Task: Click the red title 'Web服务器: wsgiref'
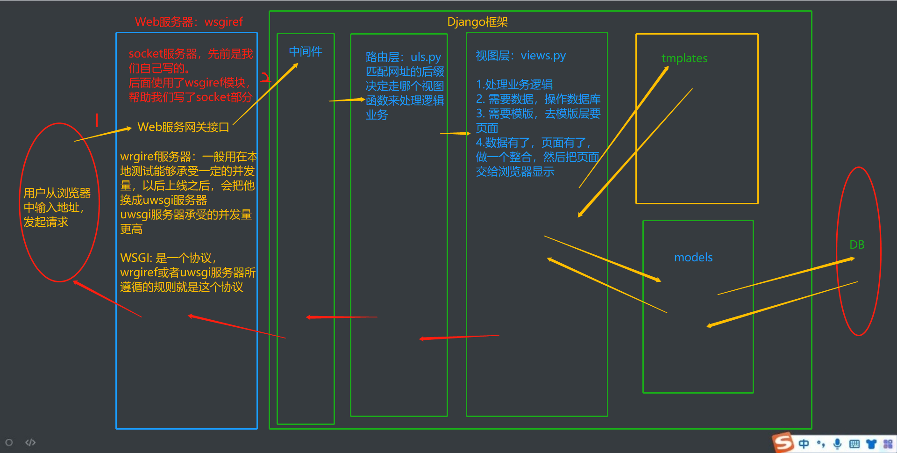189,22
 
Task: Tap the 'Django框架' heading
477,22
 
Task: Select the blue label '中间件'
306,51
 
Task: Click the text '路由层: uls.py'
403,57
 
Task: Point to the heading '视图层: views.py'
520,56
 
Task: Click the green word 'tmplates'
684,58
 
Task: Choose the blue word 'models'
693,258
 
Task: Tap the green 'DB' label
857,244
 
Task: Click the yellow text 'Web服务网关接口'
183,127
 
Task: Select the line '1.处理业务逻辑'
514,85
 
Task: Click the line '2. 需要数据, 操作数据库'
538,99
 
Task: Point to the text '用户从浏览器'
57,193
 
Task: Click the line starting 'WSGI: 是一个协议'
168,258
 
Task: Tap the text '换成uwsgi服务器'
164,200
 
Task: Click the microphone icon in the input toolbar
837,444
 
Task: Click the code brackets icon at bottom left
30,442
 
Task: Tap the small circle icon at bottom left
9,442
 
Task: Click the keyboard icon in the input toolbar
854,444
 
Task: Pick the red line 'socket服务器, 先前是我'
191,54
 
